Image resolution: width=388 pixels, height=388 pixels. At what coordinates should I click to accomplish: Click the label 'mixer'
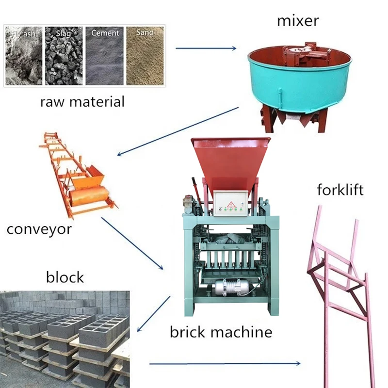[x=297, y=21]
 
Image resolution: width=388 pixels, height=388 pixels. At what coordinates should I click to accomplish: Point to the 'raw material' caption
[x=82, y=102]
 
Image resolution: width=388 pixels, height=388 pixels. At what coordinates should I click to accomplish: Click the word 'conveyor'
[x=39, y=228]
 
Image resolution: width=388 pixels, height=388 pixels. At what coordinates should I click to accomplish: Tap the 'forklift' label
[x=340, y=189]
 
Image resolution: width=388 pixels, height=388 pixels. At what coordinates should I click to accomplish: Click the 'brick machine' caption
[x=221, y=332]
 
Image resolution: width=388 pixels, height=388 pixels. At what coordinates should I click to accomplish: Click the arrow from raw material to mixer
[x=206, y=48]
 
